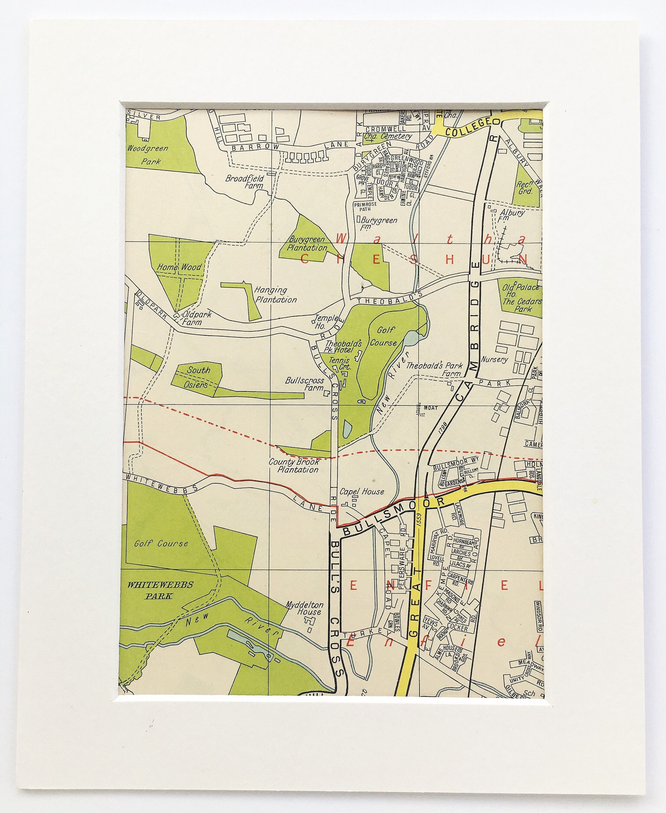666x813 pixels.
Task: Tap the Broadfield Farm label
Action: (244, 182)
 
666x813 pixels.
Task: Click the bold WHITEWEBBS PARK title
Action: (160, 590)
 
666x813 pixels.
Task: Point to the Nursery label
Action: (494, 360)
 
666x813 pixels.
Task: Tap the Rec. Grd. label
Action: (525, 188)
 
